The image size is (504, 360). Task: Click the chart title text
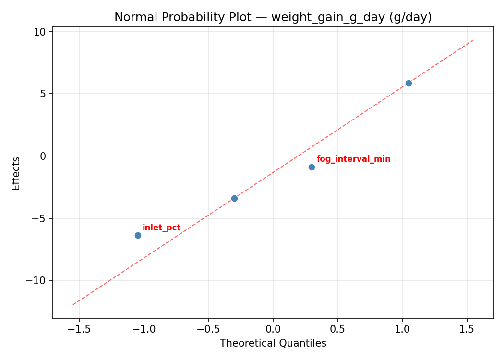(273, 17)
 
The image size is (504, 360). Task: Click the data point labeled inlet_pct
(138, 235)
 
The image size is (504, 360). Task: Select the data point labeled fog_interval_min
(312, 167)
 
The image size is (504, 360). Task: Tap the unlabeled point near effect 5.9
(408, 83)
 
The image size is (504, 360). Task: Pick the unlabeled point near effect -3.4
(234, 198)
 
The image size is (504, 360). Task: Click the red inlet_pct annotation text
(161, 228)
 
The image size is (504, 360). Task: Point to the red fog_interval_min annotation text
(353, 159)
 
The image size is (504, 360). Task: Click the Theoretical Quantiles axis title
(273, 343)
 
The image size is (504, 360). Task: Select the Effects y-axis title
(16, 173)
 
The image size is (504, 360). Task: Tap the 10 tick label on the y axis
(40, 32)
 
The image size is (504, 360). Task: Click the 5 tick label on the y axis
(43, 94)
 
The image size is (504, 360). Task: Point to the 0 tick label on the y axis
(43, 156)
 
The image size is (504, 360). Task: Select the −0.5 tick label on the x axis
(208, 329)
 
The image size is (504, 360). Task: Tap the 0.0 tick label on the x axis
(273, 329)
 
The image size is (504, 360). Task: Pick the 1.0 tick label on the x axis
(402, 329)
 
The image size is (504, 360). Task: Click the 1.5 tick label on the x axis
(467, 329)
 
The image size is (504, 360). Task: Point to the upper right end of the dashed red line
(473, 40)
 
